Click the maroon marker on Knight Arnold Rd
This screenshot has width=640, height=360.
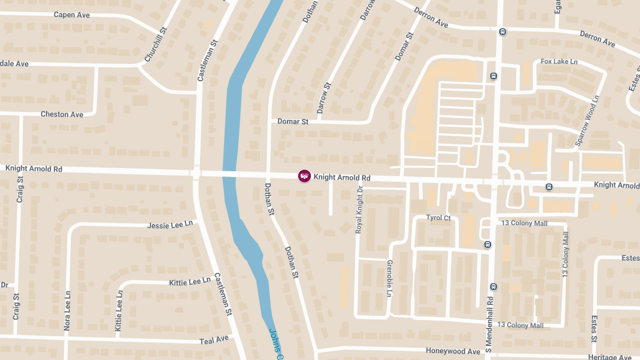(x=304, y=176)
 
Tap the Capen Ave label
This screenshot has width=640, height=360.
(x=71, y=15)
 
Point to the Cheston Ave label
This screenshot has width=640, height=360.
(x=62, y=114)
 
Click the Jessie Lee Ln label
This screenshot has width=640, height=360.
(x=170, y=225)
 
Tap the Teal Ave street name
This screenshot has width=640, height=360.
(x=214, y=339)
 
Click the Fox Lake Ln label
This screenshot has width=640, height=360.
(x=559, y=62)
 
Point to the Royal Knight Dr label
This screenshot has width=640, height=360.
(x=359, y=210)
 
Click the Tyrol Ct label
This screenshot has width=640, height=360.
(x=438, y=218)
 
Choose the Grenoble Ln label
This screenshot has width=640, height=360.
(x=389, y=279)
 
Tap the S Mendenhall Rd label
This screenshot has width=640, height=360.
(x=489, y=324)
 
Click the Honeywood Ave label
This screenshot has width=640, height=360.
(x=453, y=351)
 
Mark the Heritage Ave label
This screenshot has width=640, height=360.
(x=610, y=357)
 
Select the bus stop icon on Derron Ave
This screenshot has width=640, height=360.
(x=502, y=31)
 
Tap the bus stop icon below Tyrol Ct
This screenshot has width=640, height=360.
(x=487, y=244)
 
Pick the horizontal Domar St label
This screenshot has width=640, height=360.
(x=293, y=122)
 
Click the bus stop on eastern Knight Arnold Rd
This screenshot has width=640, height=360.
(x=549, y=187)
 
